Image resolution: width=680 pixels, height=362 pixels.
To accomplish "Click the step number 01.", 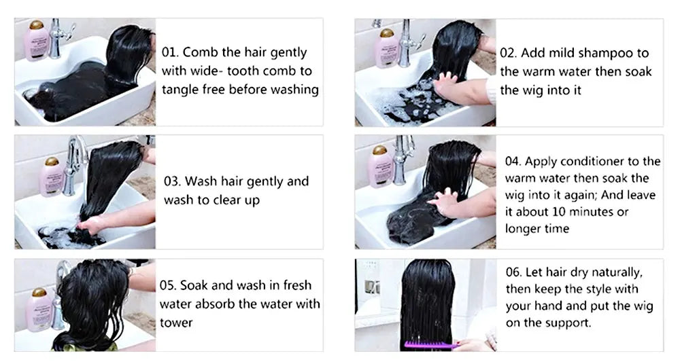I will click(171, 53).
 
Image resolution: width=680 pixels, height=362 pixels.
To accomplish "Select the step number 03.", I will click(173, 182).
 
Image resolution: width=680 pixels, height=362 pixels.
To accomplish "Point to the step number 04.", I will click(513, 162).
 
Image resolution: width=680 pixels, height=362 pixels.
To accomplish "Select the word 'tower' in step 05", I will click(176, 322).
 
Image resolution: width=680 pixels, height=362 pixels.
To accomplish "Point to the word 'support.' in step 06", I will click(568, 323).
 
